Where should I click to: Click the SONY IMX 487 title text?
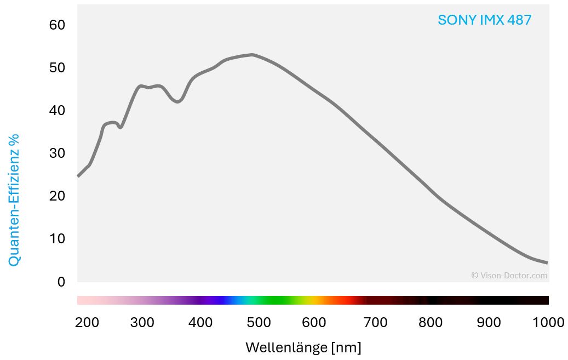point(484,20)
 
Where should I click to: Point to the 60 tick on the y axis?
point(57,25)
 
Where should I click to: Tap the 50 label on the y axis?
point(57,67)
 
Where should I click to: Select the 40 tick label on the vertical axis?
point(57,110)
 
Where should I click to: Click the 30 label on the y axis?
point(57,153)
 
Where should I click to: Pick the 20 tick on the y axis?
point(57,196)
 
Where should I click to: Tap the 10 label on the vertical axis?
point(57,238)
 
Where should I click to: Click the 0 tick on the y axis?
point(61,282)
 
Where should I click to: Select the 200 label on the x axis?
point(87,323)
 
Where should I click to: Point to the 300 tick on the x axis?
point(142,323)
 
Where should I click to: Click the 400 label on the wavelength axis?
point(200,323)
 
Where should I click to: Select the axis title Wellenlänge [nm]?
point(303,347)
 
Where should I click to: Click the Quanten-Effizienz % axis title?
point(14,200)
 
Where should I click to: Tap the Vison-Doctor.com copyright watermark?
point(509,276)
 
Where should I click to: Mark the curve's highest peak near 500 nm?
point(252,55)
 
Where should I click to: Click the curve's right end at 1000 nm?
point(547,262)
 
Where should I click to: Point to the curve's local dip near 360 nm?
point(177,101)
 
